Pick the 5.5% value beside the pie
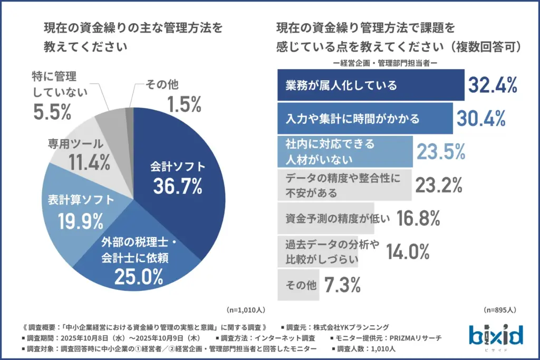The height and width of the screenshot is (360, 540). pos(52,111)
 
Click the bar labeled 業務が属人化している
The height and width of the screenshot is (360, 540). pos(370,85)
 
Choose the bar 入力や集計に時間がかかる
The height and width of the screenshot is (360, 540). pos(364,119)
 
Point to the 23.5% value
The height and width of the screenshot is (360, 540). pos(441,151)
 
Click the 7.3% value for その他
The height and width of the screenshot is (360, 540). pos(342,285)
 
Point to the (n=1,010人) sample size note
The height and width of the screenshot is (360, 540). pos(246,309)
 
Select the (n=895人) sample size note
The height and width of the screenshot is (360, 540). pos(499,309)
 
